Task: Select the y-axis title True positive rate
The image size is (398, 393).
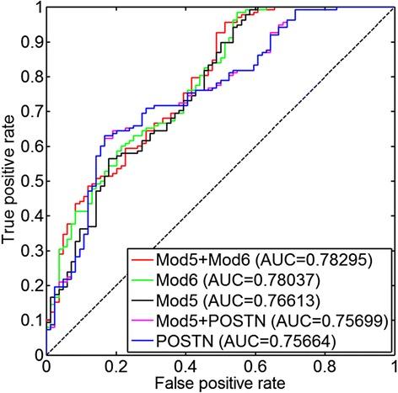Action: (x=11, y=182)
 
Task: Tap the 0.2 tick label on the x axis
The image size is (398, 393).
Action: (x=115, y=367)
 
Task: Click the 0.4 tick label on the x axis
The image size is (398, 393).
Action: (x=184, y=367)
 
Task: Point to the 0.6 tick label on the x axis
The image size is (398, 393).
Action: (x=254, y=367)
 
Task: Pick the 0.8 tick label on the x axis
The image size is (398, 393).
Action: (x=324, y=367)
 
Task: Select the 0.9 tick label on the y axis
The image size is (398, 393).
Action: (x=32, y=41)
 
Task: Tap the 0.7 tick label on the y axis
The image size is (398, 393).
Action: (x=32, y=111)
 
